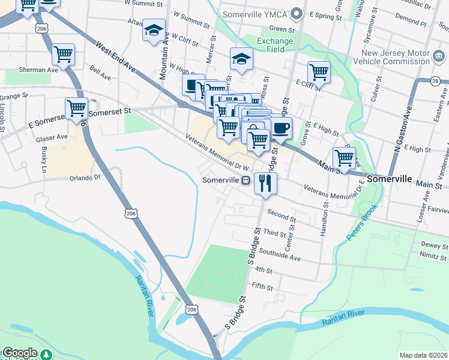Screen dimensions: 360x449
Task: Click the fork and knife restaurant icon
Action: pyautogui.click(x=265, y=182)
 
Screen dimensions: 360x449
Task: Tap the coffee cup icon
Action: pyautogui.click(x=281, y=127)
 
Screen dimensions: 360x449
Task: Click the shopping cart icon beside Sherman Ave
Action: pyautogui.click(x=63, y=55)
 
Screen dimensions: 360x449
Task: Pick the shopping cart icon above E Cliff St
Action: pyautogui.click(x=319, y=73)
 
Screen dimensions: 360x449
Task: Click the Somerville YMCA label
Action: pyautogui.click(x=255, y=14)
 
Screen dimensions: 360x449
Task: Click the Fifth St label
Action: pyautogui.click(x=262, y=286)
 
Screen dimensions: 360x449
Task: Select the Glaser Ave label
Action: pyautogui.click(x=52, y=137)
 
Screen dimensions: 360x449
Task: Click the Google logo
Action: pyautogui.click(x=20, y=353)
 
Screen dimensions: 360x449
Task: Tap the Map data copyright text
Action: pyautogui.click(x=423, y=355)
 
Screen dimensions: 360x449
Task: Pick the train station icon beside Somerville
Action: pyautogui.click(x=246, y=181)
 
